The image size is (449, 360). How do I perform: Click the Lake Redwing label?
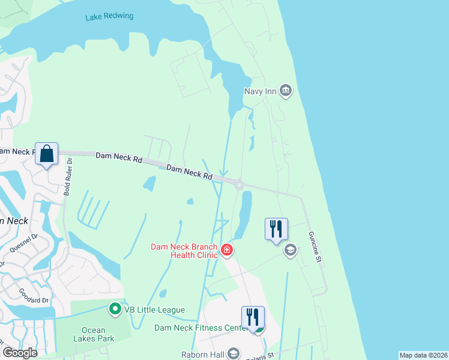click(109, 17)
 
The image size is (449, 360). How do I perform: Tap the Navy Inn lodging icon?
click(286, 91)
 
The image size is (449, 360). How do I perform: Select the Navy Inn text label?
click(261, 91)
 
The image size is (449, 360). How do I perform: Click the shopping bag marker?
click(47, 154)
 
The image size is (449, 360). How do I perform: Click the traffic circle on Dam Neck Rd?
click(239, 185)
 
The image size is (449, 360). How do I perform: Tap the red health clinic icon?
click(227, 250)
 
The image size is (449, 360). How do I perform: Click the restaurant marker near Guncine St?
click(276, 229)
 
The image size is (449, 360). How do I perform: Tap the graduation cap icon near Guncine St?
click(291, 250)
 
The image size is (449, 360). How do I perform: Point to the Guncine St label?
click(316, 246)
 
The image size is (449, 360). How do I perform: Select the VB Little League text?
click(154, 310)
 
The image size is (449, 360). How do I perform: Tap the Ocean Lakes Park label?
click(93, 335)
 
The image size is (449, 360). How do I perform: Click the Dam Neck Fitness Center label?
click(200, 328)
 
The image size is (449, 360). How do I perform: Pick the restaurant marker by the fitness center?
click(253, 317)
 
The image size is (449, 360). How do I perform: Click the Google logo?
click(20, 353)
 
